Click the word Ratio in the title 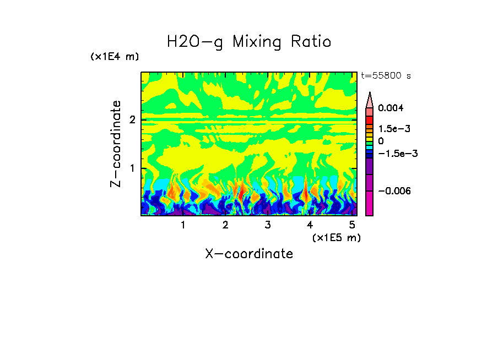[311, 41]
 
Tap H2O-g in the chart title [195, 41]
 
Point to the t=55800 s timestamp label [386, 76]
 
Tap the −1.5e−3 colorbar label [397, 154]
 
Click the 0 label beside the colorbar [381, 141]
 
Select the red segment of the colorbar [370, 119]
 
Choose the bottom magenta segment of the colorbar [370, 204]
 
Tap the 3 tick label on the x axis [268, 225]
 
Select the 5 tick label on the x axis [352, 225]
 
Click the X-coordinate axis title [249, 254]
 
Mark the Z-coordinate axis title [116, 144]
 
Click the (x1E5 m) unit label [336, 237]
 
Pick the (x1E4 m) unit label [115, 57]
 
